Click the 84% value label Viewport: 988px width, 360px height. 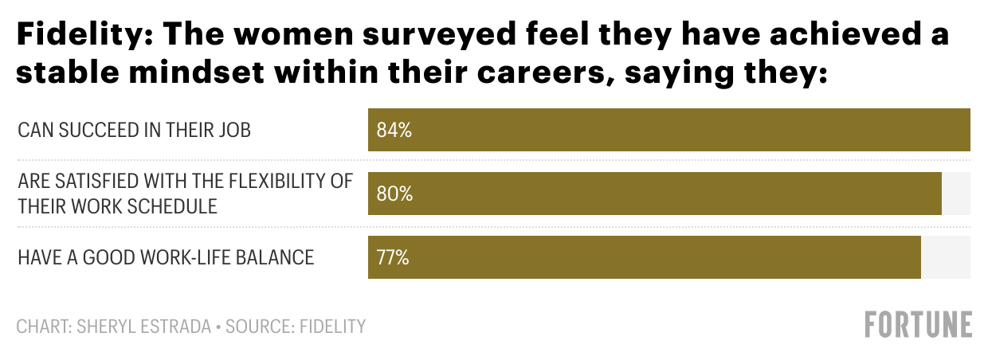[394, 130]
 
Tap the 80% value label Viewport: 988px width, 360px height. [394, 194]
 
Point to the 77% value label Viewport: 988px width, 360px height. [393, 257]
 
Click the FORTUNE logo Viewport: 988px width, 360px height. [919, 325]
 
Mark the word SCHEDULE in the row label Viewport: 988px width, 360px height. [171, 205]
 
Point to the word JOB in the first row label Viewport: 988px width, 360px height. [235, 130]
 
